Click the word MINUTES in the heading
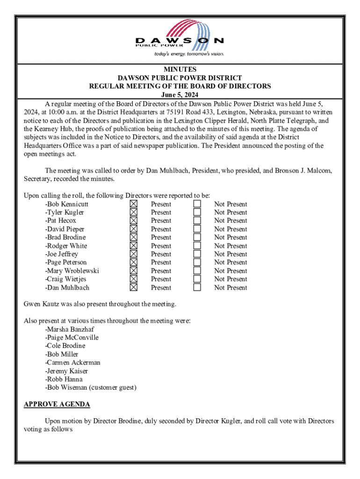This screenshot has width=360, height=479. (180, 69)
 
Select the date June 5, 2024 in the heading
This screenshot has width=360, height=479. (180, 95)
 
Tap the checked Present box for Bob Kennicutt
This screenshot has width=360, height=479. (134, 204)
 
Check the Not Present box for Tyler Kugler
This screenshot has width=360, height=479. (197, 212)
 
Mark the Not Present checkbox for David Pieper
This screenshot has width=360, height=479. (197, 229)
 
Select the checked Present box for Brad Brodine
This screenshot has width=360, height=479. (134, 237)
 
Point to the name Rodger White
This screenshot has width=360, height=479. (67, 246)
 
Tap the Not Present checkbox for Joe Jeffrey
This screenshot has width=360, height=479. (197, 254)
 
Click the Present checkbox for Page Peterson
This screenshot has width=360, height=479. (134, 262)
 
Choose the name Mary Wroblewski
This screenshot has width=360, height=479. (73, 271)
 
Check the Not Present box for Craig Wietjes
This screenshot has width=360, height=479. (197, 279)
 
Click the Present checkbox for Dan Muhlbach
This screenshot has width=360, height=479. (134, 287)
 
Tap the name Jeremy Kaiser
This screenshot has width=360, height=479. (67, 371)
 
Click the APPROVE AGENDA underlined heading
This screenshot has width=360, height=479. (57, 404)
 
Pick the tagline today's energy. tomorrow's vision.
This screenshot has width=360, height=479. (189, 54)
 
